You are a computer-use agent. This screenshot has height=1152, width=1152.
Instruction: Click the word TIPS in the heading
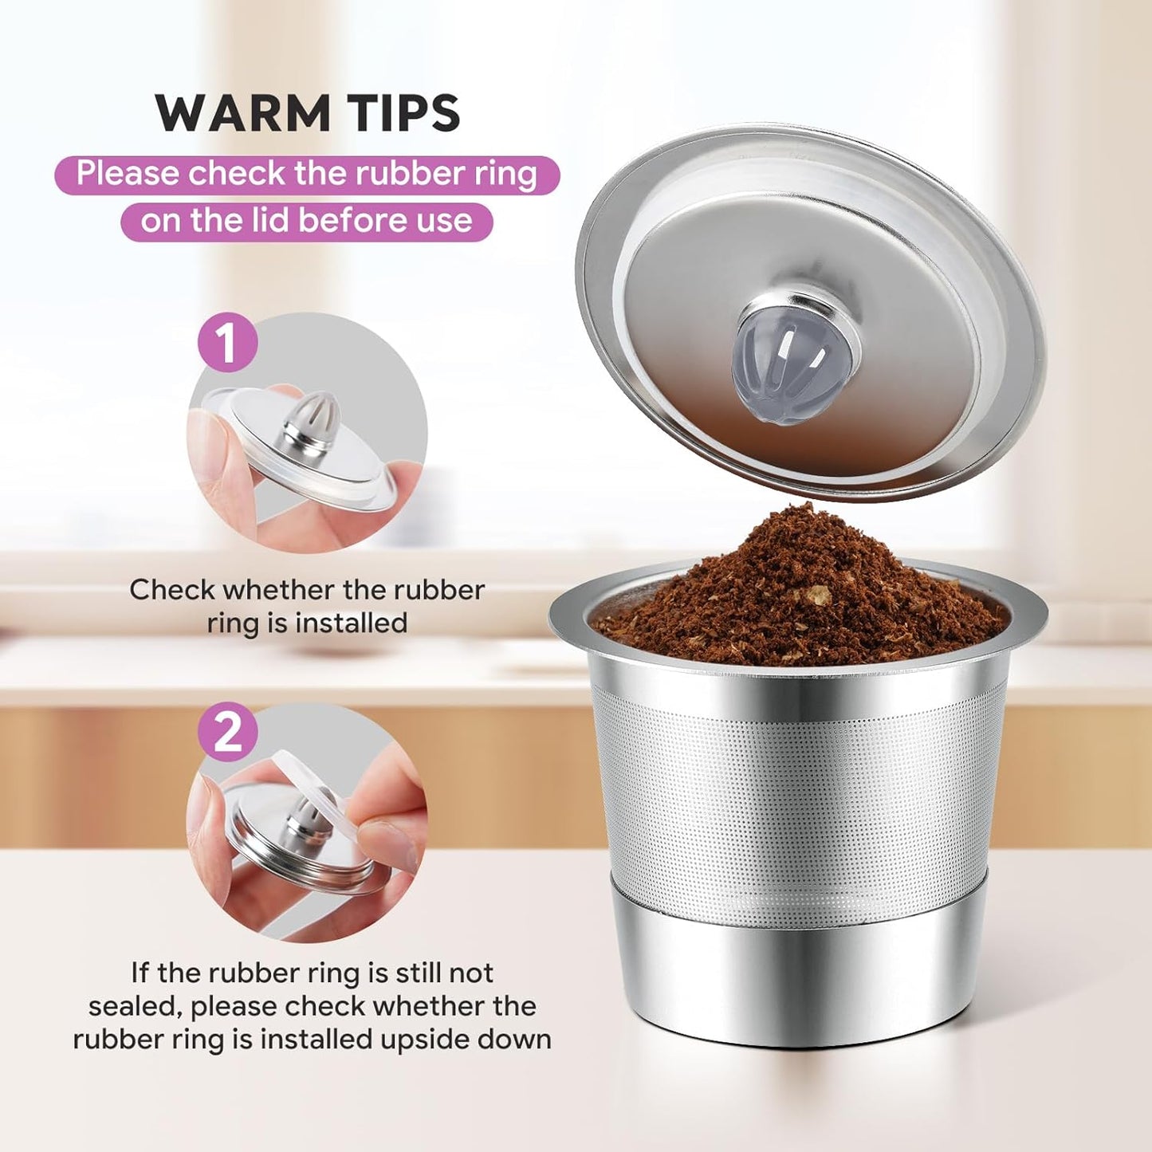[407, 112]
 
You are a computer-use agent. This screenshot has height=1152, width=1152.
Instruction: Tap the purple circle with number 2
[227, 732]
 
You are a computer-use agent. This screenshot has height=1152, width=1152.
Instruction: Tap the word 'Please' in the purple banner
[128, 174]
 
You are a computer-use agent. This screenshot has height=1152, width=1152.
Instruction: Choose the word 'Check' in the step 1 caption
[171, 590]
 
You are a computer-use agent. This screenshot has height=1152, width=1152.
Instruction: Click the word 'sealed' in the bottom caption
[135, 1006]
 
